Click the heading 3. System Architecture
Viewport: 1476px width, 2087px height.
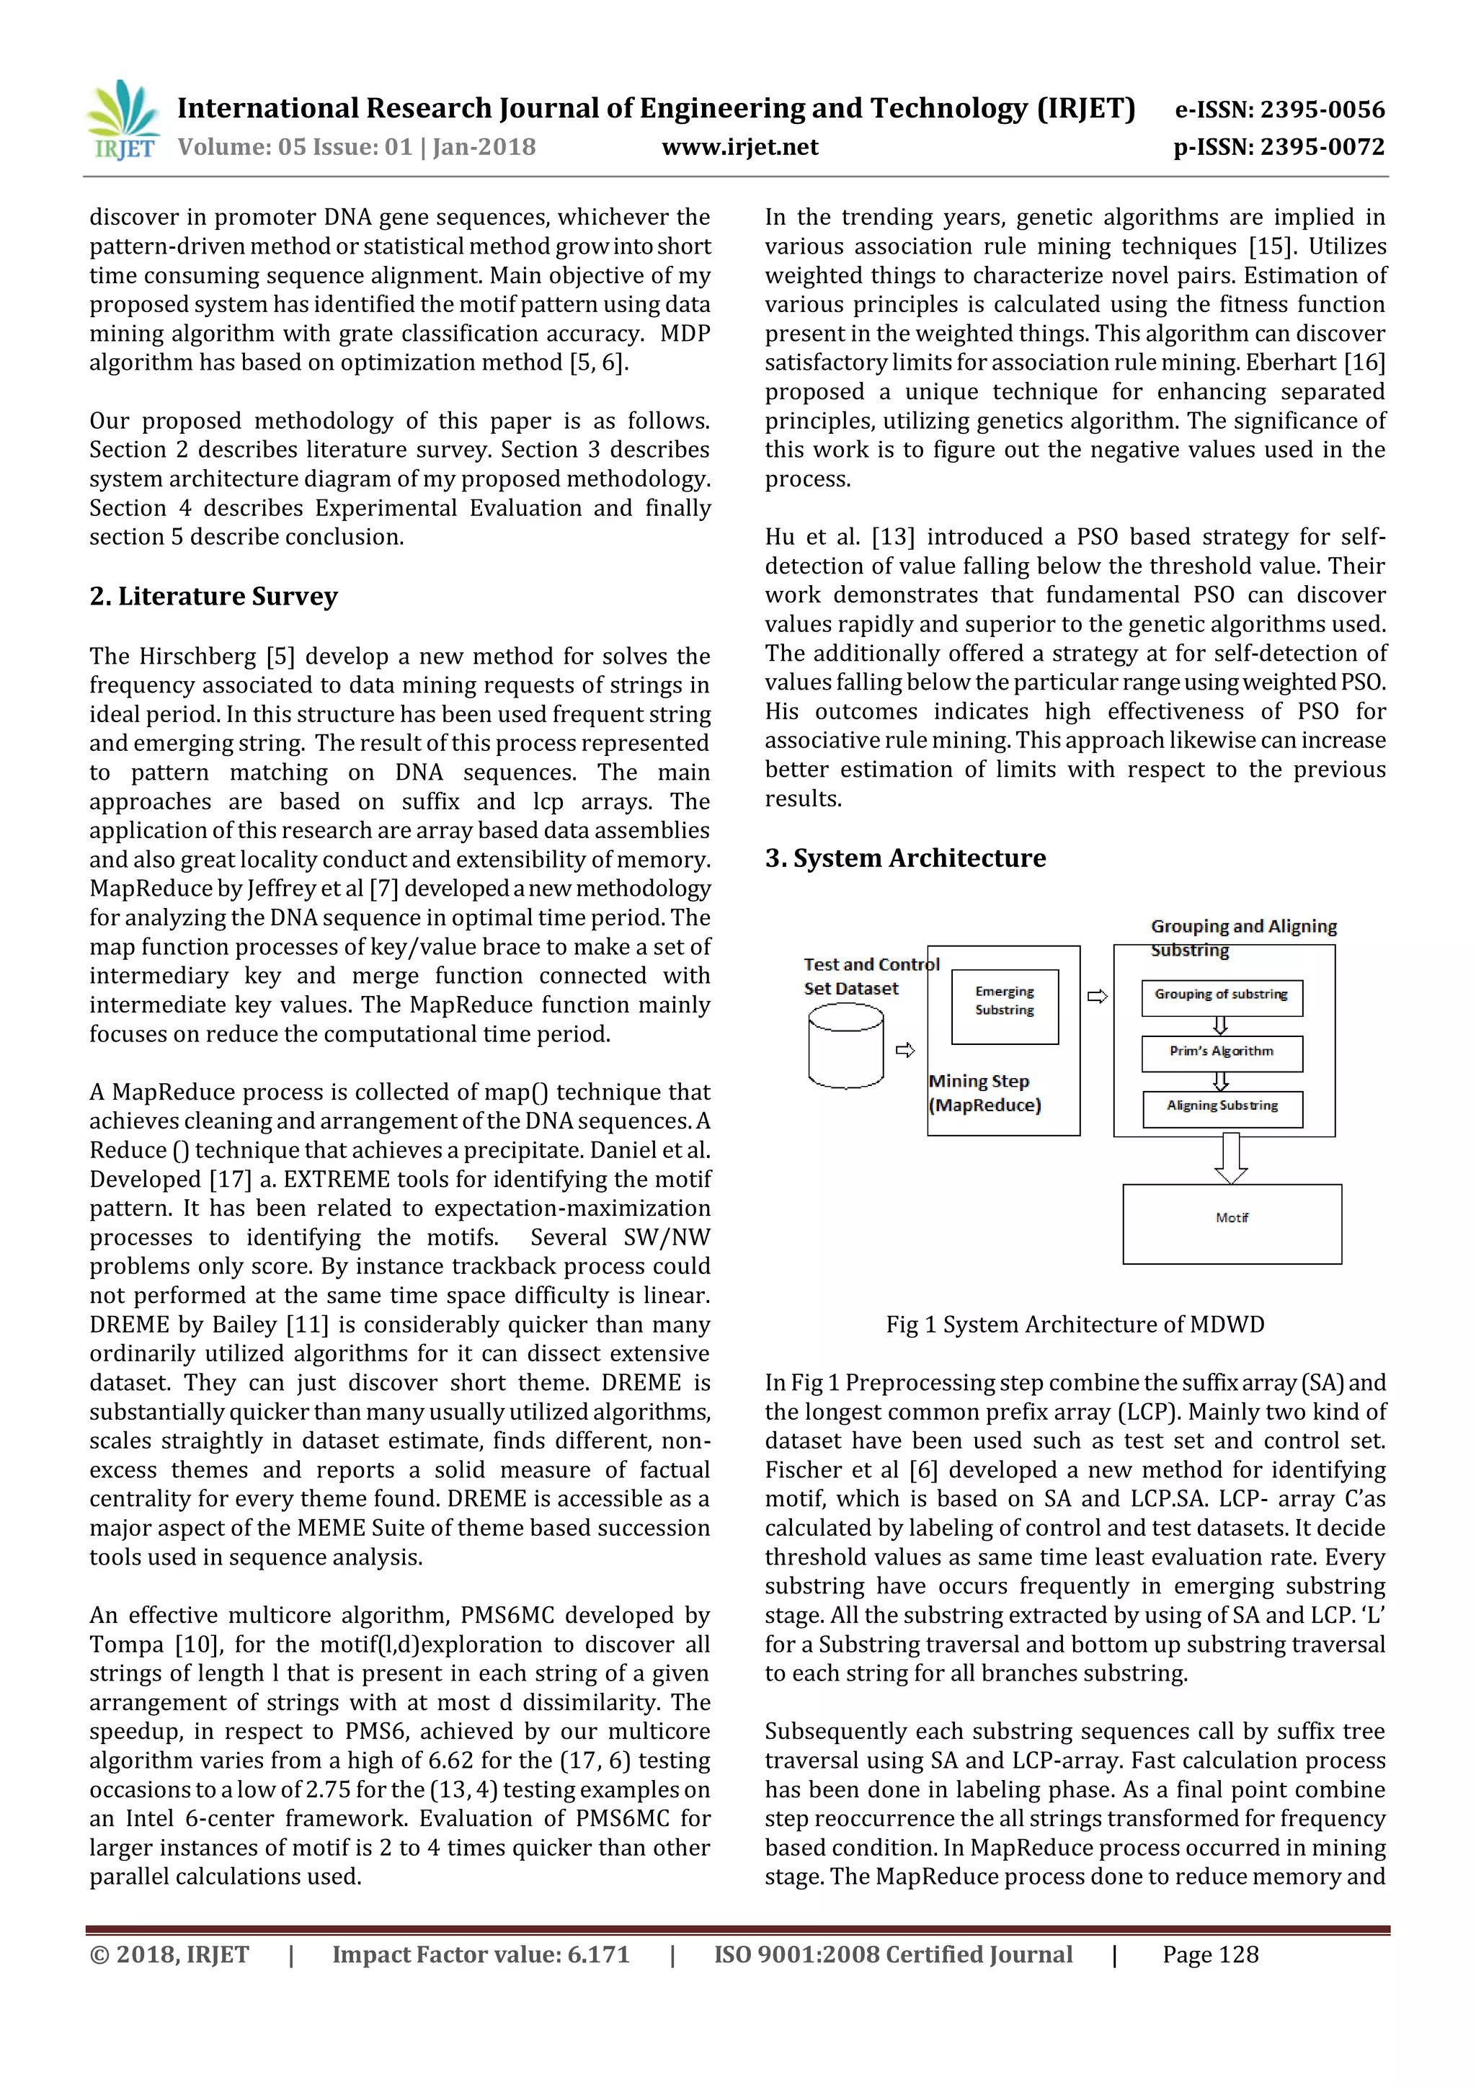point(904,858)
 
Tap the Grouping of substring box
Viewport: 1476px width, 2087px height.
point(1221,997)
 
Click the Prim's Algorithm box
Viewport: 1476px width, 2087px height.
point(1222,1053)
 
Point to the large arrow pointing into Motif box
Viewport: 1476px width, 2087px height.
point(1231,1157)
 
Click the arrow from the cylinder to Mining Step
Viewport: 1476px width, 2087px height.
point(905,1050)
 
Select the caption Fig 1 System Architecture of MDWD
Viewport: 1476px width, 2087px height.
point(1075,1325)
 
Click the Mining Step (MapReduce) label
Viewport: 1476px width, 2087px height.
point(984,1093)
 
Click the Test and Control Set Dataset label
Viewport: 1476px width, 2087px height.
point(870,976)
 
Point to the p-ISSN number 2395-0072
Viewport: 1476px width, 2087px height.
point(1279,147)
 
